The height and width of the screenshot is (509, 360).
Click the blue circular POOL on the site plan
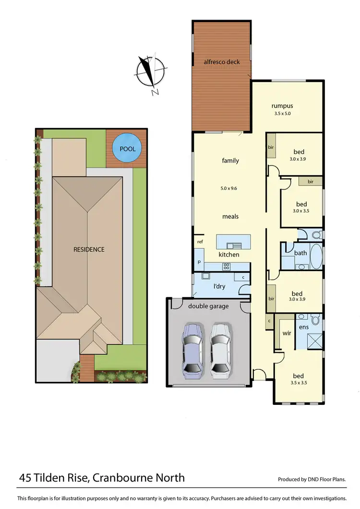[124, 149]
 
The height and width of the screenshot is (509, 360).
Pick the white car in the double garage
[220, 347]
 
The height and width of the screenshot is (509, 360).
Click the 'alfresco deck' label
[221, 62]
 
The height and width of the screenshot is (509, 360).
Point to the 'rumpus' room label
[282, 106]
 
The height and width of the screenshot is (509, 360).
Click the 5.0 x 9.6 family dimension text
[230, 188]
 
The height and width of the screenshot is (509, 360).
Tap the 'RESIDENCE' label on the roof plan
[89, 249]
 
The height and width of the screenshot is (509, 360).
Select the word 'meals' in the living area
[230, 216]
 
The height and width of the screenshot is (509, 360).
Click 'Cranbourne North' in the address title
[138, 478]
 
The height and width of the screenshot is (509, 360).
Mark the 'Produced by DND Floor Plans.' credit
[312, 479]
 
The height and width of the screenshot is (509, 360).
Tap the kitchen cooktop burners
[226, 266]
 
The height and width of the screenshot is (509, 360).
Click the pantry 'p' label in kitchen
[198, 263]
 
